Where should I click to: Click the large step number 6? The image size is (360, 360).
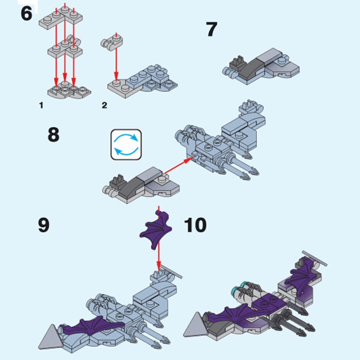(x=27, y=14)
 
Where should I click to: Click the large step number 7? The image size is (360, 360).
(x=211, y=29)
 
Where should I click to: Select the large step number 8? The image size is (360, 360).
(x=54, y=135)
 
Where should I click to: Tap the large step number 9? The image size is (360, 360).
(x=44, y=225)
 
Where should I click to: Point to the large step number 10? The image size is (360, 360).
(x=195, y=225)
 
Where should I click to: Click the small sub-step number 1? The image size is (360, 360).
(x=41, y=105)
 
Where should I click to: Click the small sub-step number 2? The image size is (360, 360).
(x=104, y=105)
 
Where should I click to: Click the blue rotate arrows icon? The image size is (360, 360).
(x=126, y=144)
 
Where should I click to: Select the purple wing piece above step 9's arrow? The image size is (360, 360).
(x=156, y=229)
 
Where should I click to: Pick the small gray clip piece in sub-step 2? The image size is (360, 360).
(x=112, y=43)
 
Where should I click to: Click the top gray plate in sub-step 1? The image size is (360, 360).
(x=61, y=18)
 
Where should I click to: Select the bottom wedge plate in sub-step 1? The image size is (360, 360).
(x=69, y=91)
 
